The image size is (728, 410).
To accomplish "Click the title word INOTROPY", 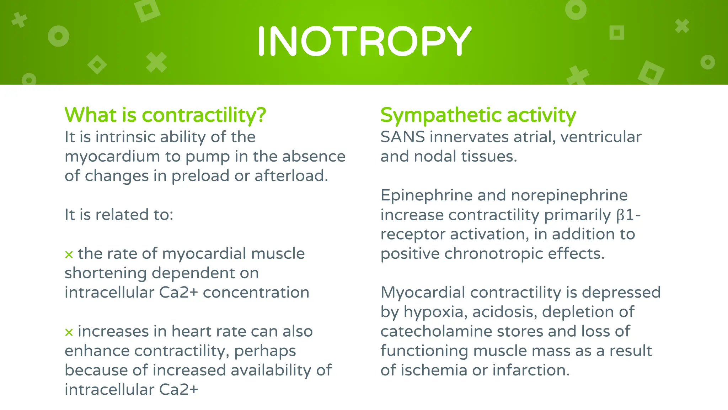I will point(364,41).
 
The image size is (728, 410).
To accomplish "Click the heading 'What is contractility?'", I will point(165,115).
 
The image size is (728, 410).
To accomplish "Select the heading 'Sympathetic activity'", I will point(478,115).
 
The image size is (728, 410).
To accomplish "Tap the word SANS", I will point(402,137).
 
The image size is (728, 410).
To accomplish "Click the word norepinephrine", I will point(569,195).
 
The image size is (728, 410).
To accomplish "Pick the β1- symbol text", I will point(628,215).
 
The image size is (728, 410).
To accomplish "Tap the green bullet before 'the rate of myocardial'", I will point(69,254).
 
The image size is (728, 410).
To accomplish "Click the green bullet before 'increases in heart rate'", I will point(69,332).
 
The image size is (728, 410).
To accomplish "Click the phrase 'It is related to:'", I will point(119,215).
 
